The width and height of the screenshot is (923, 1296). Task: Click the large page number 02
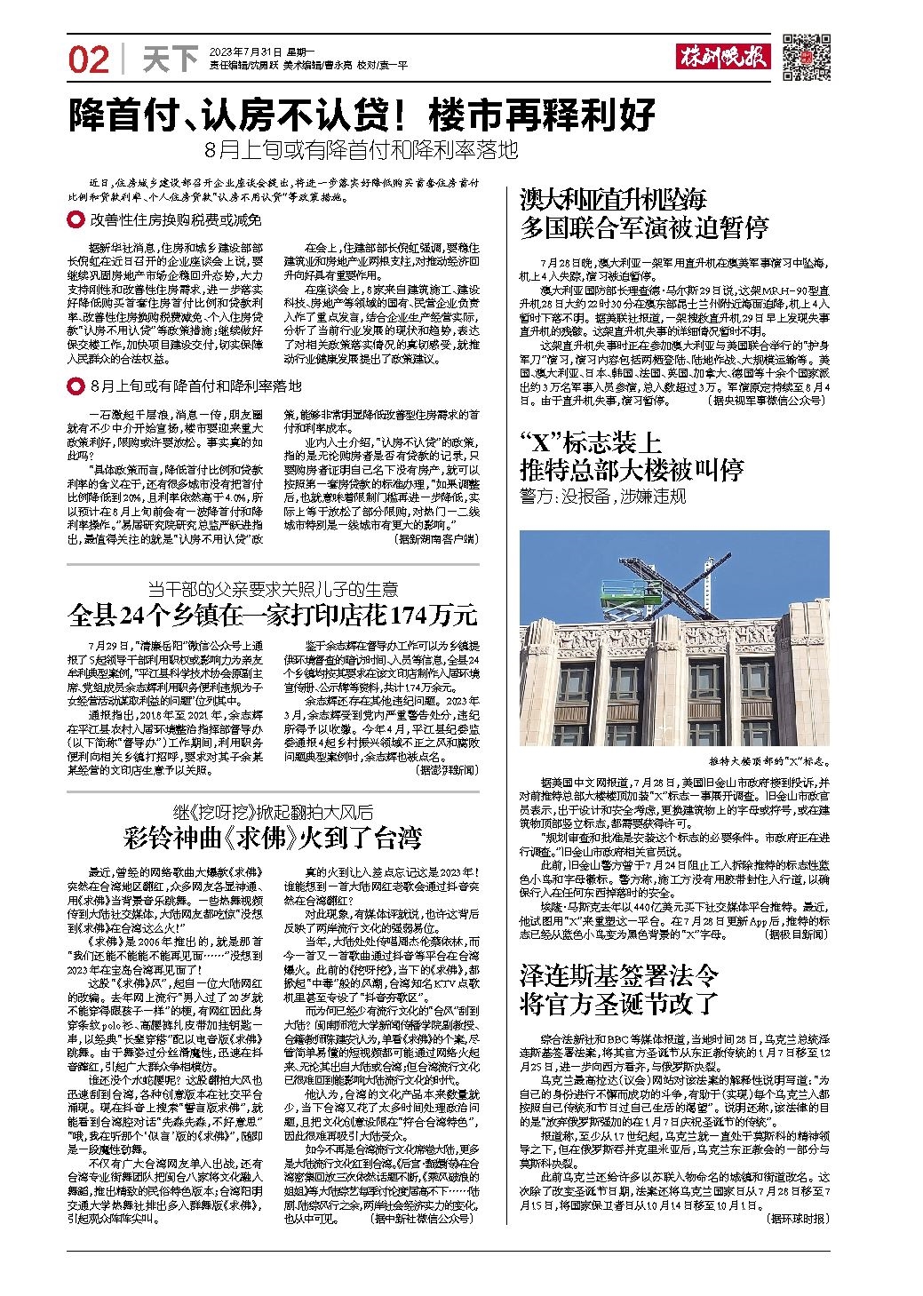(89, 60)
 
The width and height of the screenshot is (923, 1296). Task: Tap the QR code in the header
(805, 58)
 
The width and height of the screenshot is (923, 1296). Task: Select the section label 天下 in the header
(170, 60)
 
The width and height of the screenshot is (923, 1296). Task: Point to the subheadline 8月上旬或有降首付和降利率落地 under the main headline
(360, 150)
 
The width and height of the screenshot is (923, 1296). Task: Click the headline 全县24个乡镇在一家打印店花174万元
(274, 614)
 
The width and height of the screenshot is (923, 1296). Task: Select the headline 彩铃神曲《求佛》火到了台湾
(274, 837)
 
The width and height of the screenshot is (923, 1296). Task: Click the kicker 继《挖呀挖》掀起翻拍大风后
(274, 812)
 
